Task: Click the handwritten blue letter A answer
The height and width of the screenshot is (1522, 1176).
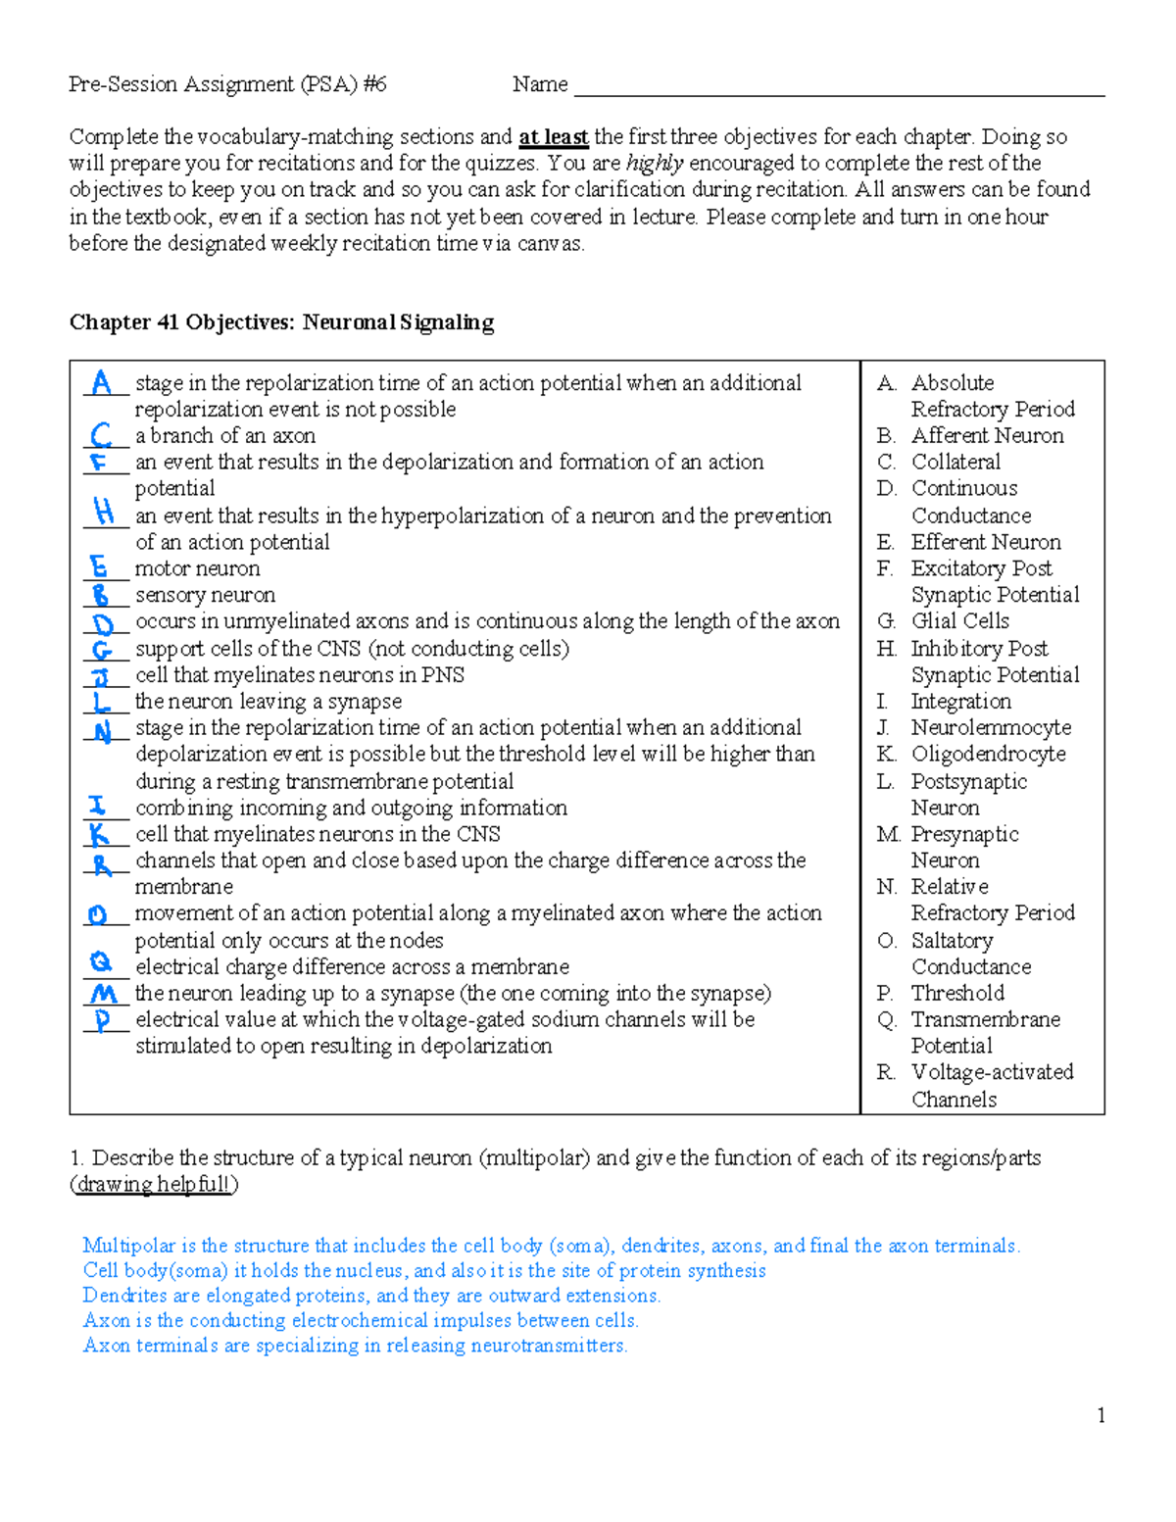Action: click(x=101, y=382)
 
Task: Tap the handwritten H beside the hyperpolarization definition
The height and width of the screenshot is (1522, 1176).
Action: click(x=103, y=511)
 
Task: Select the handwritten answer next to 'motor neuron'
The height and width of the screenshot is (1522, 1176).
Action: click(x=98, y=566)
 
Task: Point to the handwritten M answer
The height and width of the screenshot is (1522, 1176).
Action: click(x=103, y=993)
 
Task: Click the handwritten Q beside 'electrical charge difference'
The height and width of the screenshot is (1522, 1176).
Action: click(x=100, y=962)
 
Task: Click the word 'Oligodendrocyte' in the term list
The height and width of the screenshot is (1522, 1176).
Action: click(x=988, y=754)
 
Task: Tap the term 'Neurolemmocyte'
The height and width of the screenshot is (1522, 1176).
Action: click(x=991, y=727)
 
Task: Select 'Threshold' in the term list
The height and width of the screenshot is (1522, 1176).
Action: click(x=957, y=993)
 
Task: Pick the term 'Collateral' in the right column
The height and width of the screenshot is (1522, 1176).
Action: click(x=955, y=462)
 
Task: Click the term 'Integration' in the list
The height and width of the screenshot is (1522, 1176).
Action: click(x=960, y=701)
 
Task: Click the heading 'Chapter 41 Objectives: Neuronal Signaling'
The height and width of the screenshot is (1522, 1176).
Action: click(x=281, y=322)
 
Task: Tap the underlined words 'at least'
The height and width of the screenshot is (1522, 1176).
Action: click(x=553, y=137)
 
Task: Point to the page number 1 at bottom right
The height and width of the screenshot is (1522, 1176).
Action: click(x=1102, y=1414)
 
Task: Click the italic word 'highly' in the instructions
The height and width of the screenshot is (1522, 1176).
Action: click(x=655, y=163)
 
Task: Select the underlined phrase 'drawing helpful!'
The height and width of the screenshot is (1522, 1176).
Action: click(x=155, y=1184)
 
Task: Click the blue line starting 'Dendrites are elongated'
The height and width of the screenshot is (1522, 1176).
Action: click(x=371, y=1296)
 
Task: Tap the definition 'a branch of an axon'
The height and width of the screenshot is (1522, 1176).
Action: click(x=225, y=435)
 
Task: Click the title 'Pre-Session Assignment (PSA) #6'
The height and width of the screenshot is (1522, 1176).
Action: click(x=227, y=84)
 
